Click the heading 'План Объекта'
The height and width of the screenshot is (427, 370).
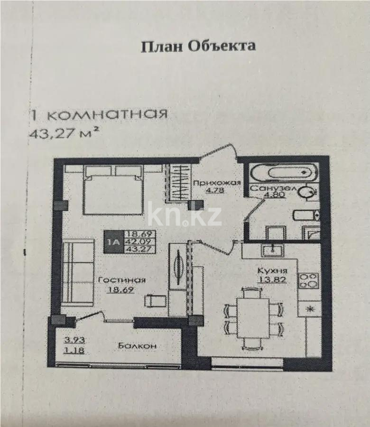click(198, 46)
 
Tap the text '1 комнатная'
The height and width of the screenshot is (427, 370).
click(98, 115)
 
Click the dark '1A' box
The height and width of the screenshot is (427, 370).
click(113, 241)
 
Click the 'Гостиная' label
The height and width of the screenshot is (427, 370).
click(121, 280)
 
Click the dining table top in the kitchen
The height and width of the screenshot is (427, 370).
click(254, 316)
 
